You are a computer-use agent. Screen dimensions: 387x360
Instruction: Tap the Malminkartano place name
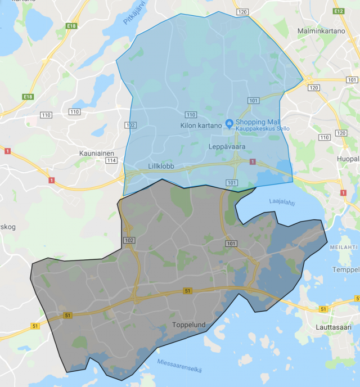(x=321, y=30)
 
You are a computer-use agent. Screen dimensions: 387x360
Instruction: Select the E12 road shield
(x=338, y=11)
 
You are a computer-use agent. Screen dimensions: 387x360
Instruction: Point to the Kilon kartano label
(x=201, y=125)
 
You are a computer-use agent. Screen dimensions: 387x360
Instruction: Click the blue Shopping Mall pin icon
(x=229, y=123)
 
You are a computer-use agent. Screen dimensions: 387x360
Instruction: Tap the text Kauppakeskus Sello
(x=262, y=129)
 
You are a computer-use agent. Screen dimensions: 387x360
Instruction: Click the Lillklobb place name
(x=161, y=166)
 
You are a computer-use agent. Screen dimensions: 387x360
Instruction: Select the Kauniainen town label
(x=97, y=152)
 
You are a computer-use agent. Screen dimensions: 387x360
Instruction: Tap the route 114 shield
(x=111, y=161)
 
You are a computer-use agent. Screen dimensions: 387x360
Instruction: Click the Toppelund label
(x=188, y=325)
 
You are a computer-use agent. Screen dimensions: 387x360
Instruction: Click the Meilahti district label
(x=344, y=247)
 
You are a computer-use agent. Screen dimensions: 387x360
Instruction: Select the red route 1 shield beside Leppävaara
(x=252, y=162)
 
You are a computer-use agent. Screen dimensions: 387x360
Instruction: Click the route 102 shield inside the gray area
(x=129, y=240)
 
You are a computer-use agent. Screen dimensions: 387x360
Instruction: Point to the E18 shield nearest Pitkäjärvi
(x=71, y=26)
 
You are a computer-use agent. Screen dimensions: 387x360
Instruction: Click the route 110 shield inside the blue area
(x=191, y=114)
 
